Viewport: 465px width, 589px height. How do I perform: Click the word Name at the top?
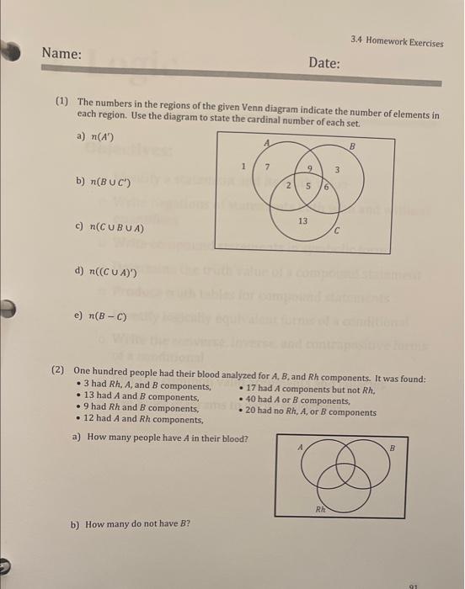[x=62, y=54]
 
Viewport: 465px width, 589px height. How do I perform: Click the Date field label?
[x=323, y=63]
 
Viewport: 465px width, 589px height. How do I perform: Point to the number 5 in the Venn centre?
[x=308, y=186]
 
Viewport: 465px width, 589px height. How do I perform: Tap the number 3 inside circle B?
[x=337, y=172]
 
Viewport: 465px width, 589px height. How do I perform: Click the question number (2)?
[x=58, y=370]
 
